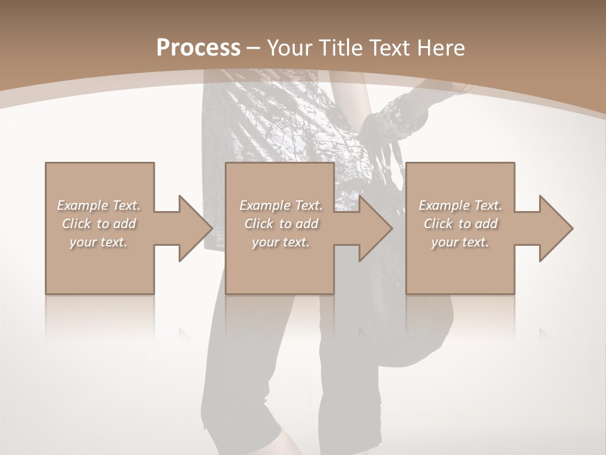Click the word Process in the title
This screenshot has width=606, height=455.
point(198,48)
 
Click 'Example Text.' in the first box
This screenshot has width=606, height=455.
point(98,205)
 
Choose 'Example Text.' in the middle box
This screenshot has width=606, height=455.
point(281,205)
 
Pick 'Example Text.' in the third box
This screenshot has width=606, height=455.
point(460,205)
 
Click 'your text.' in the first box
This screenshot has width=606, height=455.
point(98,242)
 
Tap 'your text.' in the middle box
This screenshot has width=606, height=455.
point(281,242)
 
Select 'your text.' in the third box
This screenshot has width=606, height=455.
point(460,242)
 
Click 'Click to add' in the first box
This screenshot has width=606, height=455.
point(98,224)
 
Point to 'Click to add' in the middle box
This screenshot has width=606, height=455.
point(281,224)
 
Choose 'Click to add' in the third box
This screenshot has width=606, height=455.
point(460,224)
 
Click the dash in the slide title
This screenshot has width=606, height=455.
point(254,48)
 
